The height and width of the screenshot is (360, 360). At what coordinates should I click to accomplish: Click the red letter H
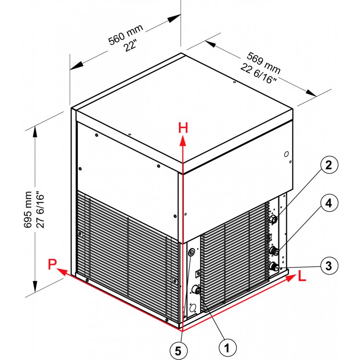coord(183,128)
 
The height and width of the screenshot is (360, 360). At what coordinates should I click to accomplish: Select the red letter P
coord(52,264)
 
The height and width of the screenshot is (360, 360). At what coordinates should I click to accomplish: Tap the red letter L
coord(302,276)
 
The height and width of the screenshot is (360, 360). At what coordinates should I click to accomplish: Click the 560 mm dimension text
coord(126,35)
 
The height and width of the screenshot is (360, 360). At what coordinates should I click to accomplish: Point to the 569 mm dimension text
coord(264,63)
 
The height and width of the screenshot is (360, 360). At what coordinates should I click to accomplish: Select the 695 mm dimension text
coord(28,209)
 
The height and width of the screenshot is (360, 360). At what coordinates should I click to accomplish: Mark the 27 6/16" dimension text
coord(40,209)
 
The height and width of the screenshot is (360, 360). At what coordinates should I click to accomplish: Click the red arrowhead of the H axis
coord(183,141)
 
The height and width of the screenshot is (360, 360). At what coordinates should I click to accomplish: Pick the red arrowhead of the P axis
coord(62,272)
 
